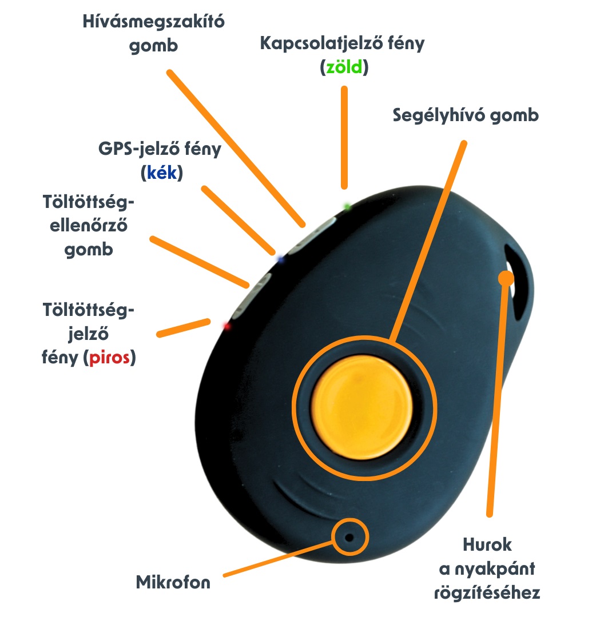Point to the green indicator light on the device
coord(347,206)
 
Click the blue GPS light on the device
coord(280,259)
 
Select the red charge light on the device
coord(226,326)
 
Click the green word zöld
coord(344,68)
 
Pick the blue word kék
coord(161,173)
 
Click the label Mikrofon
coord(173,583)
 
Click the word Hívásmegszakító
coord(154,23)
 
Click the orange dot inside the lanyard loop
coord(506,278)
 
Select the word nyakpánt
coord(499,569)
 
